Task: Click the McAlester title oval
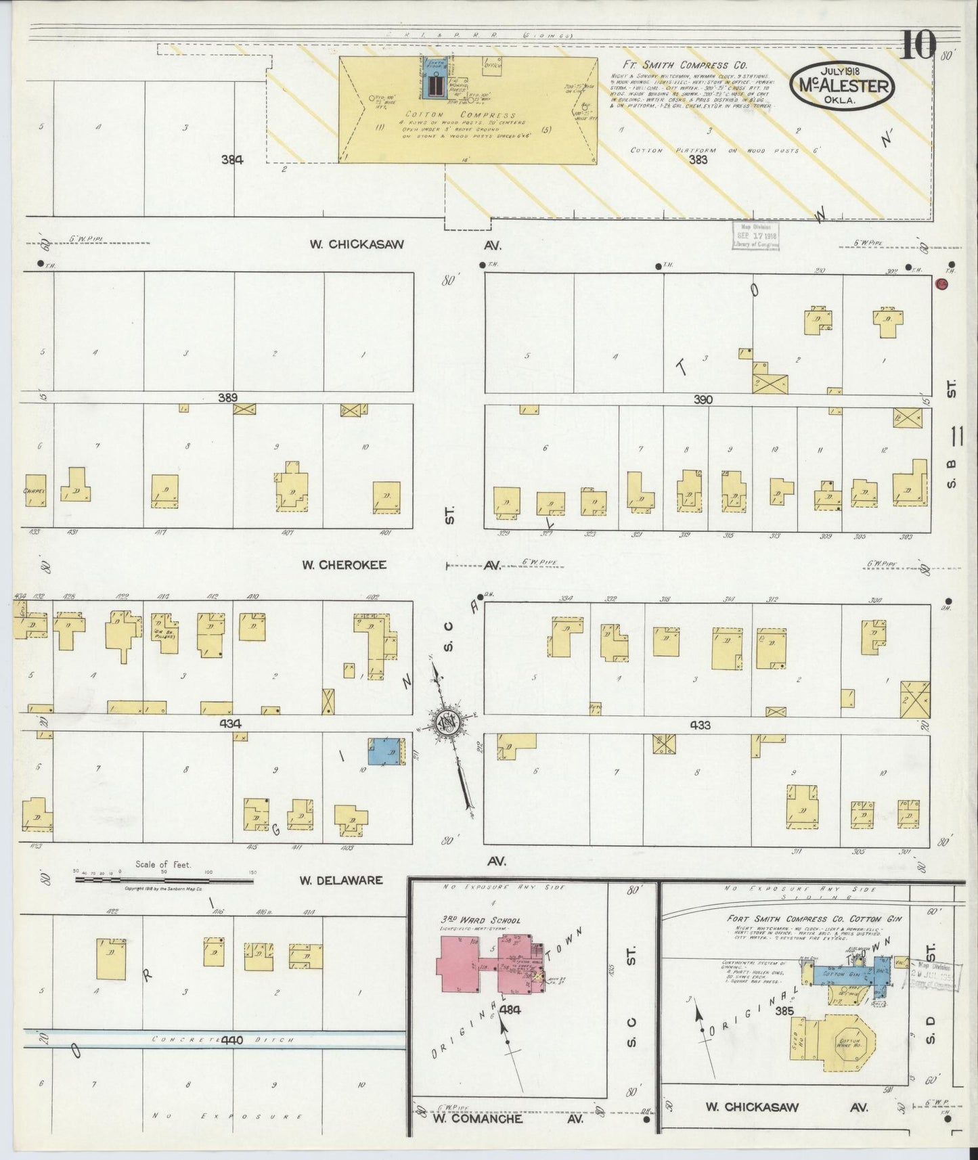coord(842,85)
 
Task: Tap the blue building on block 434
coord(384,753)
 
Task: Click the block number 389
coord(227,398)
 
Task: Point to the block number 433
coord(699,725)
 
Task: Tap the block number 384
coord(231,160)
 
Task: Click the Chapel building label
coord(34,491)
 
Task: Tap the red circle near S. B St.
coord(941,284)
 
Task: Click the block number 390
coord(703,400)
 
